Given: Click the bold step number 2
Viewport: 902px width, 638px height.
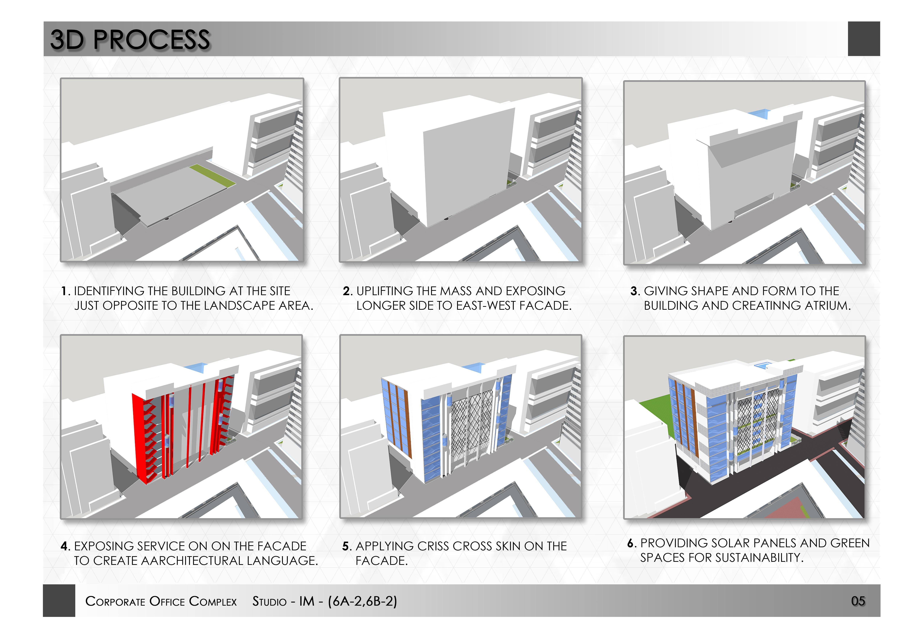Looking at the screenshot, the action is click(347, 291).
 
